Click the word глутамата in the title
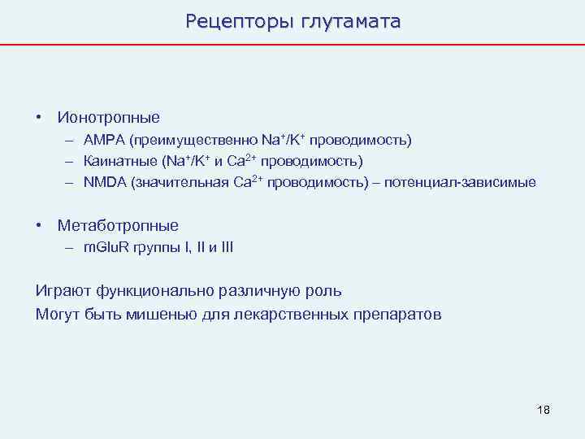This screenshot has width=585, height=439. click(351, 21)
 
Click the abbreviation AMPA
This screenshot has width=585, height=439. click(102, 141)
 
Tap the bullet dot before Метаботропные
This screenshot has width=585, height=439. click(39, 225)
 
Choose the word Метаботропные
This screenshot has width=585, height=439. click(118, 225)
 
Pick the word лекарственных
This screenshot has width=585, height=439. click(284, 314)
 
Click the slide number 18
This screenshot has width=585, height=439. click(544, 409)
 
